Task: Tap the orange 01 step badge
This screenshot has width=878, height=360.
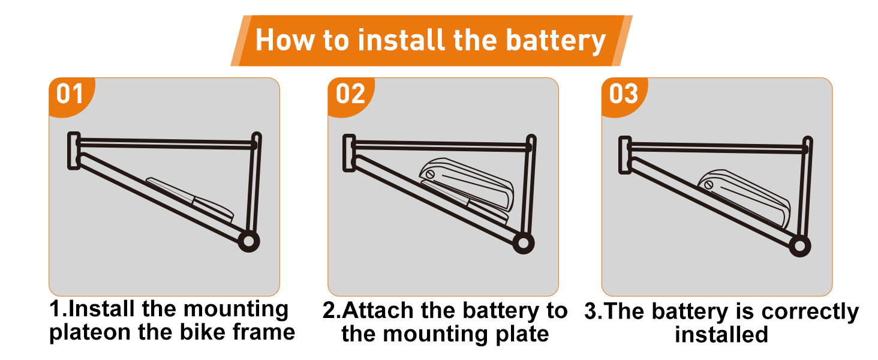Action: click(69, 95)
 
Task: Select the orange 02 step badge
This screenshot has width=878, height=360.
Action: click(350, 95)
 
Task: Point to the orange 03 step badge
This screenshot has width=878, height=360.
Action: click(624, 95)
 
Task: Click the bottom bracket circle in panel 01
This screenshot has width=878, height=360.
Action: click(248, 241)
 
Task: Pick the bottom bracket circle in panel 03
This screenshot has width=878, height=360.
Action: click(799, 245)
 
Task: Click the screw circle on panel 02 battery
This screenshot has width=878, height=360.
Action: click(429, 175)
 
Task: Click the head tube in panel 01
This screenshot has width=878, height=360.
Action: click(74, 150)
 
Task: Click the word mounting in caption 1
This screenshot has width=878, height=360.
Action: click(236, 310)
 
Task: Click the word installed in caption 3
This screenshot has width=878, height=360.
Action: click(721, 334)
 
